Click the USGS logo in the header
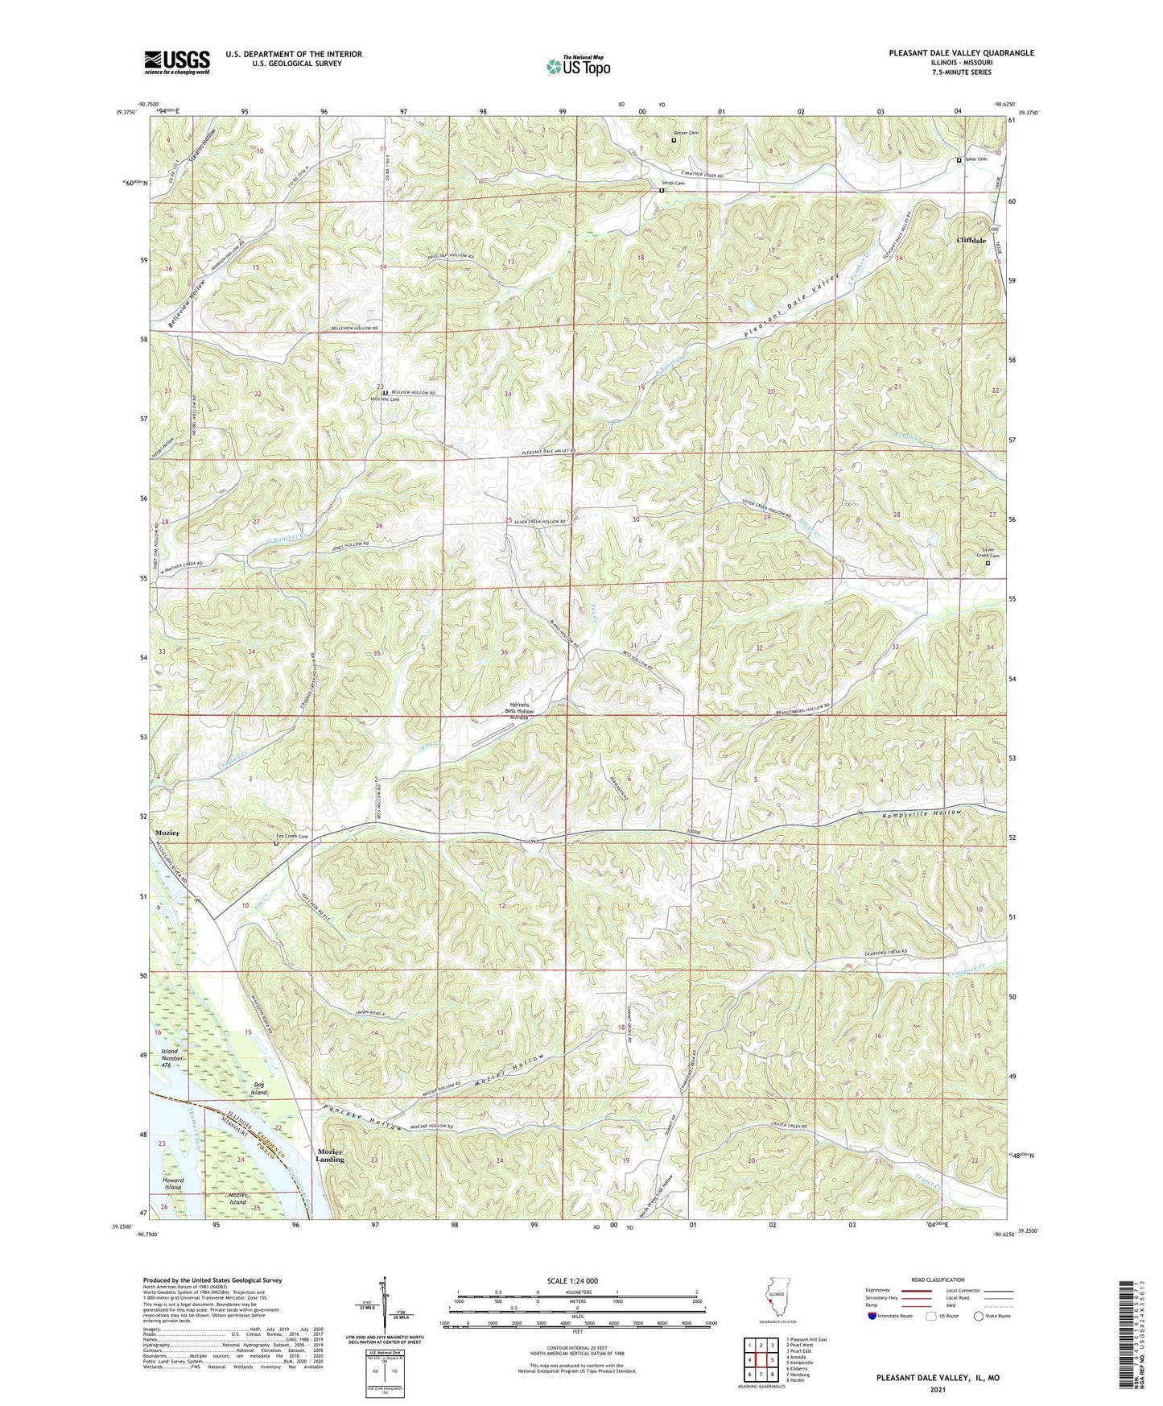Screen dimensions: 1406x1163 pos(176,62)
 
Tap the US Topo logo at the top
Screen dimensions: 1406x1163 pos(577,66)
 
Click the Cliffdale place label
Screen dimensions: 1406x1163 pos(971,240)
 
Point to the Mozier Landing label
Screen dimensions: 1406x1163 pos(330,1156)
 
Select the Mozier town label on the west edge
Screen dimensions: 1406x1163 pos(167,833)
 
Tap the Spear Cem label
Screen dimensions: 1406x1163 pos(975,159)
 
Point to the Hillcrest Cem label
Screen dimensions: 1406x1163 pos(385,399)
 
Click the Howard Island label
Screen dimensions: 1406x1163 pos(173,1183)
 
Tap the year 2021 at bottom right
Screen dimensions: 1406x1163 pos(937,1390)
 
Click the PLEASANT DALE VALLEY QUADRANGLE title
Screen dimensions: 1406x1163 pos(961,53)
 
